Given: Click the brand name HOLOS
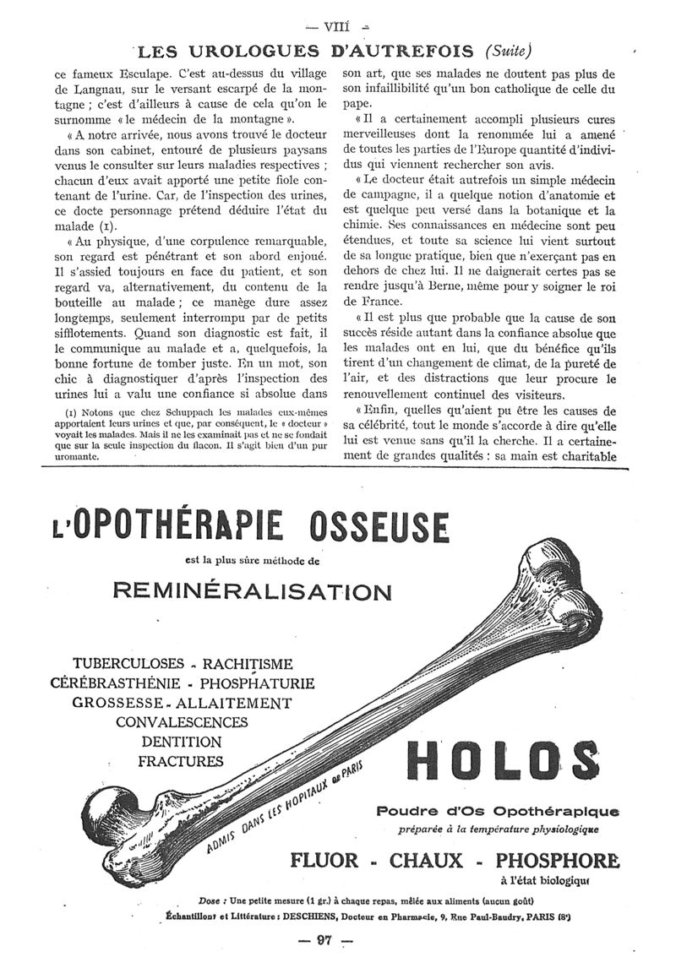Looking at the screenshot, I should click(x=497, y=759).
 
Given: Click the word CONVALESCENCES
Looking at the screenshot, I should click(x=182, y=722).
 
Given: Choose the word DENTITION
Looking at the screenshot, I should click(x=182, y=742).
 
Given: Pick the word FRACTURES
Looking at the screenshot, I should click(x=182, y=761).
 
